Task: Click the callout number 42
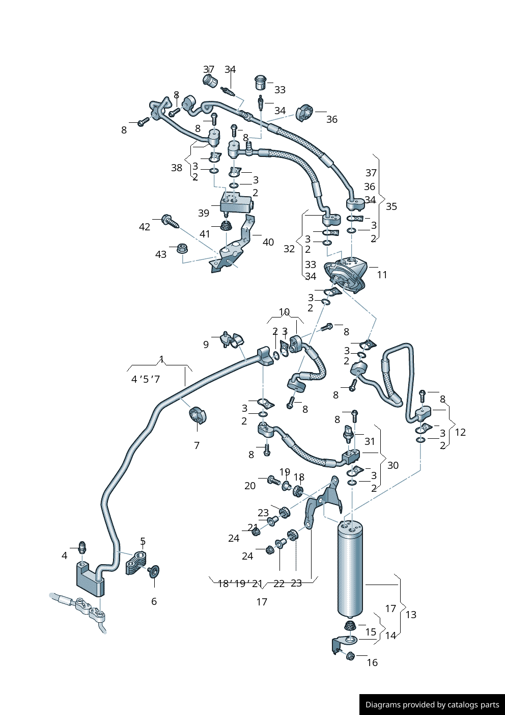click(145, 227)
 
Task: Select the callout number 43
click(161, 254)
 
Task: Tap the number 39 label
click(204, 213)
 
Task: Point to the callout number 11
click(382, 275)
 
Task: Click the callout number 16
click(372, 663)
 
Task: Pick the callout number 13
click(411, 615)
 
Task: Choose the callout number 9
click(206, 345)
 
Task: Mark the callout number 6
click(154, 601)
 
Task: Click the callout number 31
click(370, 441)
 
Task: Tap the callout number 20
click(250, 486)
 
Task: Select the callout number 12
click(460, 432)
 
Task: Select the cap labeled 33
click(261, 82)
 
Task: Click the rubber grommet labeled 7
click(197, 416)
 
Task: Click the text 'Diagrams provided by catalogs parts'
click(432, 705)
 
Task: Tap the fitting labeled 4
click(81, 548)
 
